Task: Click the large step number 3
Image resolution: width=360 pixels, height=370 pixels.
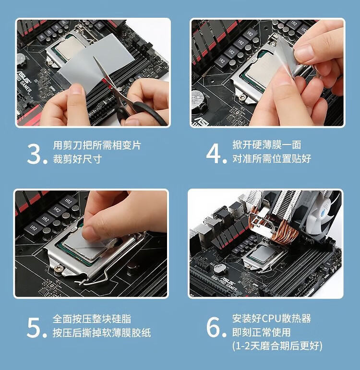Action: pyautogui.click(x=35, y=154)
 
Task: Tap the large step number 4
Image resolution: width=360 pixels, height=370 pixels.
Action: pyautogui.click(x=214, y=154)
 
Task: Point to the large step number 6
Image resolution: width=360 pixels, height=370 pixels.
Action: pyautogui.click(x=214, y=327)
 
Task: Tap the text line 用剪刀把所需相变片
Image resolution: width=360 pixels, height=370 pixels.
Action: pyautogui.click(x=97, y=145)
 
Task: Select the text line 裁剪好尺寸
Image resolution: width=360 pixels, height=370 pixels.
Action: pyautogui.click(x=77, y=159)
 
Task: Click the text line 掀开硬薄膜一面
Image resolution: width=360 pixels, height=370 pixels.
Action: pyautogui.click(x=267, y=144)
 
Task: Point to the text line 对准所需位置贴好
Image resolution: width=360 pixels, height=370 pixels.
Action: pyautogui.click(x=272, y=158)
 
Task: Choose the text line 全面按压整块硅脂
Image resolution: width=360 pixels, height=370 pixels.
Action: pyautogui.click(x=92, y=319)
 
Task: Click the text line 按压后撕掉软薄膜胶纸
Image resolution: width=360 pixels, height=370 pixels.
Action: pyautogui.click(x=102, y=333)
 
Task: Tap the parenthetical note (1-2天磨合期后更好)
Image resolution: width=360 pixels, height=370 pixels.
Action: pyautogui.click(x=277, y=346)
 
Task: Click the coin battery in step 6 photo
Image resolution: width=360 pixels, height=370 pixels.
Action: pyautogui.click(x=220, y=269)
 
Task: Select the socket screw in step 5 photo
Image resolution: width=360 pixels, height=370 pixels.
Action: pyautogui.click(x=58, y=269)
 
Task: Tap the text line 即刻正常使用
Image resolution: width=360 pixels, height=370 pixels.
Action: pyautogui.click(x=261, y=332)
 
